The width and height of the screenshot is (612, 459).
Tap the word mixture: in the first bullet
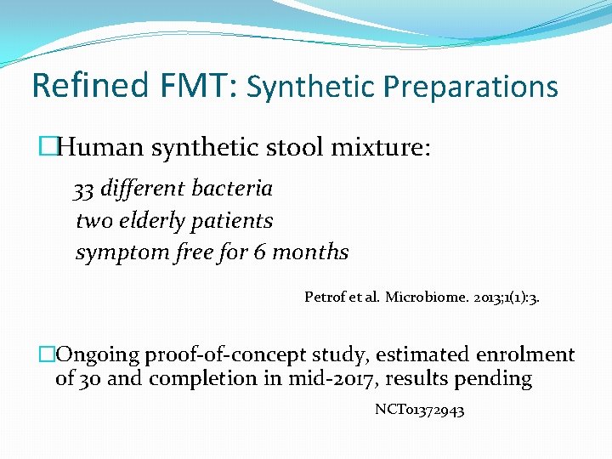(383, 149)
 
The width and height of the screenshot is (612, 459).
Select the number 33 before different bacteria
(83, 188)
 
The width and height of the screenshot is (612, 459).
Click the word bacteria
(234, 188)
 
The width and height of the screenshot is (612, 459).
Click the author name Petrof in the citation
(323, 297)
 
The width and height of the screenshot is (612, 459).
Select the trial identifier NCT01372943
(420, 411)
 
